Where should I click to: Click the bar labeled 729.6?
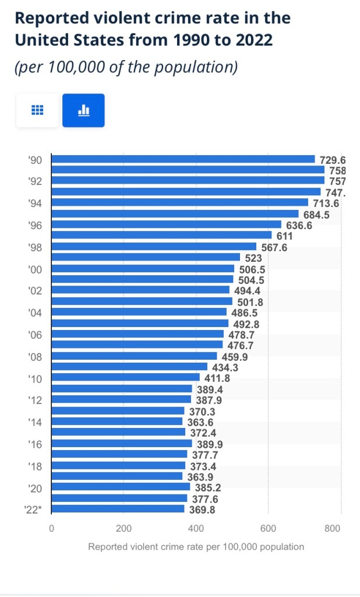coord(183,159)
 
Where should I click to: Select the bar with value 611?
coord(162,236)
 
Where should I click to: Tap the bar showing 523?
coord(146,257)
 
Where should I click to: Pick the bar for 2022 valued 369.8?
coord(118,509)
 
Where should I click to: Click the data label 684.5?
coord(317,215)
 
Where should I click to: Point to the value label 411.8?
coord(217,378)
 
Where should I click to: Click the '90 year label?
coord(35,160)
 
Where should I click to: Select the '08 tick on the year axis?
coord(35,357)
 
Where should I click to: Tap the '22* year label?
coord(33,510)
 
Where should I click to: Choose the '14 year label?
coord(35,422)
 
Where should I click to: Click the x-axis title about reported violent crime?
coord(196,547)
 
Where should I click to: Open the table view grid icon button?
coord(37,110)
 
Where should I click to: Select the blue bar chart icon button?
coord(83,110)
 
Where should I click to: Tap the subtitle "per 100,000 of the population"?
coord(126,67)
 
